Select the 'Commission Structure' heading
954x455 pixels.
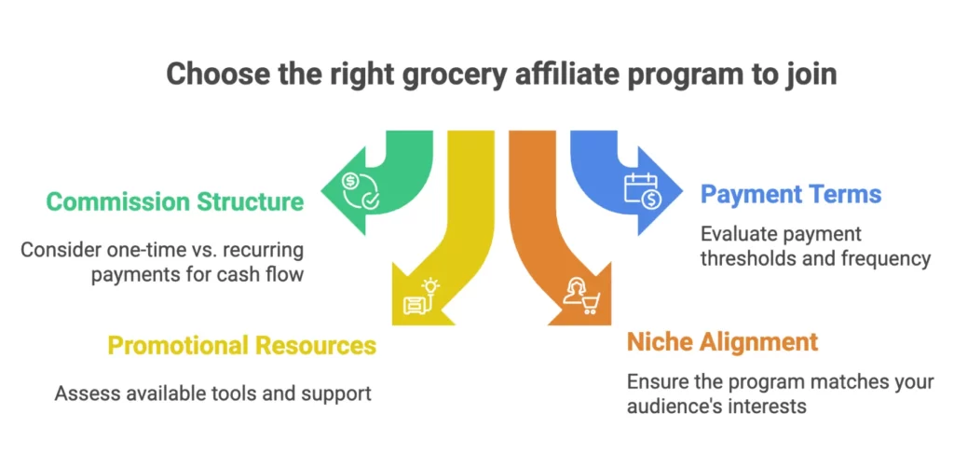[x=174, y=201]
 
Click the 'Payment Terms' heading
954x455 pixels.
[x=791, y=195]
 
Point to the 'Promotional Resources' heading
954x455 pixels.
[x=242, y=346]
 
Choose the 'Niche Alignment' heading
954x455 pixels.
[x=722, y=341]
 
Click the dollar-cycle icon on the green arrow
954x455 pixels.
[x=359, y=188]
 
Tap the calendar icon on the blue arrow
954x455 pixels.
[x=641, y=189]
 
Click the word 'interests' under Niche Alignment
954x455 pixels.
[x=773, y=407]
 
